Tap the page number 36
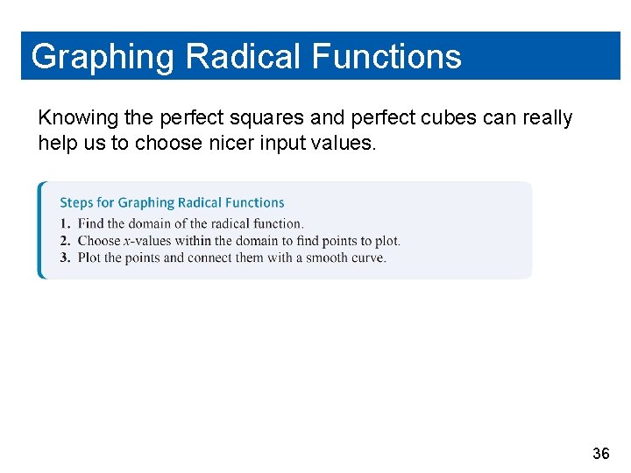[x=600, y=454]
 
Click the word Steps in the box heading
[x=76, y=202]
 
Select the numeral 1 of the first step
[x=64, y=224]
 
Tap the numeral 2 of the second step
[x=64, y=241]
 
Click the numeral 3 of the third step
[x=64, y=258]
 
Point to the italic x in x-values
[x=127, y=241]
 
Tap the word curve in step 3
[x=367, y=258]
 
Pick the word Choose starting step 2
[x=98, y=241]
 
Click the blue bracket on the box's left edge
[x=40, y=229]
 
